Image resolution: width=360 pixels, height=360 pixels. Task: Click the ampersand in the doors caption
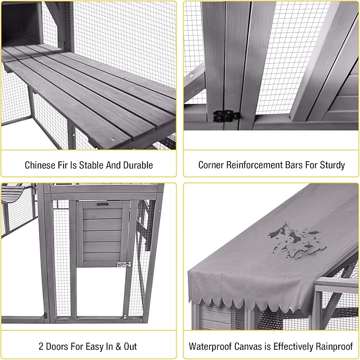pyautogui.click(x=117, y=346)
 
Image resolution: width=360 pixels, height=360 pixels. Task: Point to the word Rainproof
pyautogui.click(x=332, y=346)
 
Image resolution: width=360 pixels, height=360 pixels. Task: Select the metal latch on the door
pyautogui.click(x=124, y=264)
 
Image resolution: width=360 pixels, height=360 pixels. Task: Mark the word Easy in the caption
pyautogui.click(x=98, y=346)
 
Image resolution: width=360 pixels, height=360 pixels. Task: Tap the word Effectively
pyautogui.click(x=298, y=346)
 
